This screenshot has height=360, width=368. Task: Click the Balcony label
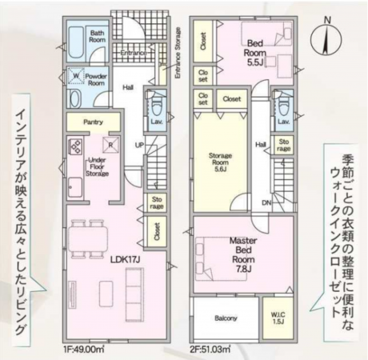(226, 318)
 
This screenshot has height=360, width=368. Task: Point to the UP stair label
(139, 144)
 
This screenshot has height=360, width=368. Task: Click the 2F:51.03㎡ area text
(210, 348)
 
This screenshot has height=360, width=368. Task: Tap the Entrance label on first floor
(130, 53)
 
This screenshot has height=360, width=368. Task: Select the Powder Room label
(98, 78)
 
